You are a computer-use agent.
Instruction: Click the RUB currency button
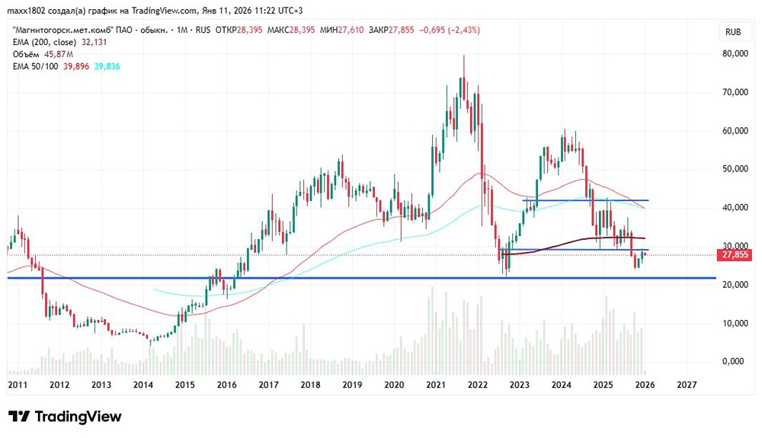coord(734,32)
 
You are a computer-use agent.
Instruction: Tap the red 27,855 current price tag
coord(738,256)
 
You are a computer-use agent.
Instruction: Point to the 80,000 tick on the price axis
coord(736,54)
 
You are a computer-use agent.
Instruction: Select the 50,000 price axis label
coord(736,169)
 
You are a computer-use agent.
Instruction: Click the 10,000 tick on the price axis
coord(736,323)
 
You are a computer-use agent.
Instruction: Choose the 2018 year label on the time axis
coord(309,385)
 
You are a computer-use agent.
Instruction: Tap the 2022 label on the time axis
coord(477,385)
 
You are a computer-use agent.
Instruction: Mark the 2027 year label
coord(686,385)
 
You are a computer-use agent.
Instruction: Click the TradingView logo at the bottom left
coord(65,417)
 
